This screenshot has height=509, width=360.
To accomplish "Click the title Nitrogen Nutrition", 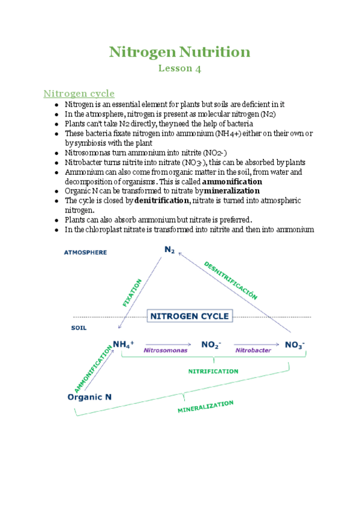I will click(x=179, y=52).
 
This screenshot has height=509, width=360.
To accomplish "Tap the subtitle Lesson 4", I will click(x=179, y=68).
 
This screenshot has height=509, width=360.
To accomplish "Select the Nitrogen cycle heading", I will click(x=79, y=93).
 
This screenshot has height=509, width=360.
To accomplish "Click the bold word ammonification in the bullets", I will click(x=232, y=181).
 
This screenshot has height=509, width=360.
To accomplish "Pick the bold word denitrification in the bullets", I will click(x=163, y=200).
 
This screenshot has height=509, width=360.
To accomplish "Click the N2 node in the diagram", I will click(x=170, y=250).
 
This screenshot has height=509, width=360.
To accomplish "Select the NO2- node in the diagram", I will click(x=211, y=345).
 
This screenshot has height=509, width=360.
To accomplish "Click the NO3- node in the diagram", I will click(x=295, y=345).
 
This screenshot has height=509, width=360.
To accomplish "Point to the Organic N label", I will click(x=90, y=397).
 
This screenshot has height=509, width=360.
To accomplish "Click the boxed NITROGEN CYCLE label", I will click(x=189, y=316).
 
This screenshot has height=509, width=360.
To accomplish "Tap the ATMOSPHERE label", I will click(x=85, y=253).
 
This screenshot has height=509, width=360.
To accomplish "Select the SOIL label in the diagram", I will click(x=79, y=328).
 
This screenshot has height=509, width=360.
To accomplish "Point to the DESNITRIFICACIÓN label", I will click(x=231, y=280).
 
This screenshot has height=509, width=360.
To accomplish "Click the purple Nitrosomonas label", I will click(x=165, y=349).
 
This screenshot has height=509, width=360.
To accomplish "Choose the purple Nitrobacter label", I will click(x=253, y=349).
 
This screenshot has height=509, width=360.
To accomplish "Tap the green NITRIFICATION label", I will click(x=213, y=372).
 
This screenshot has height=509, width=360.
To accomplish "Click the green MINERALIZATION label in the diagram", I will click(x=205, y=408).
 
